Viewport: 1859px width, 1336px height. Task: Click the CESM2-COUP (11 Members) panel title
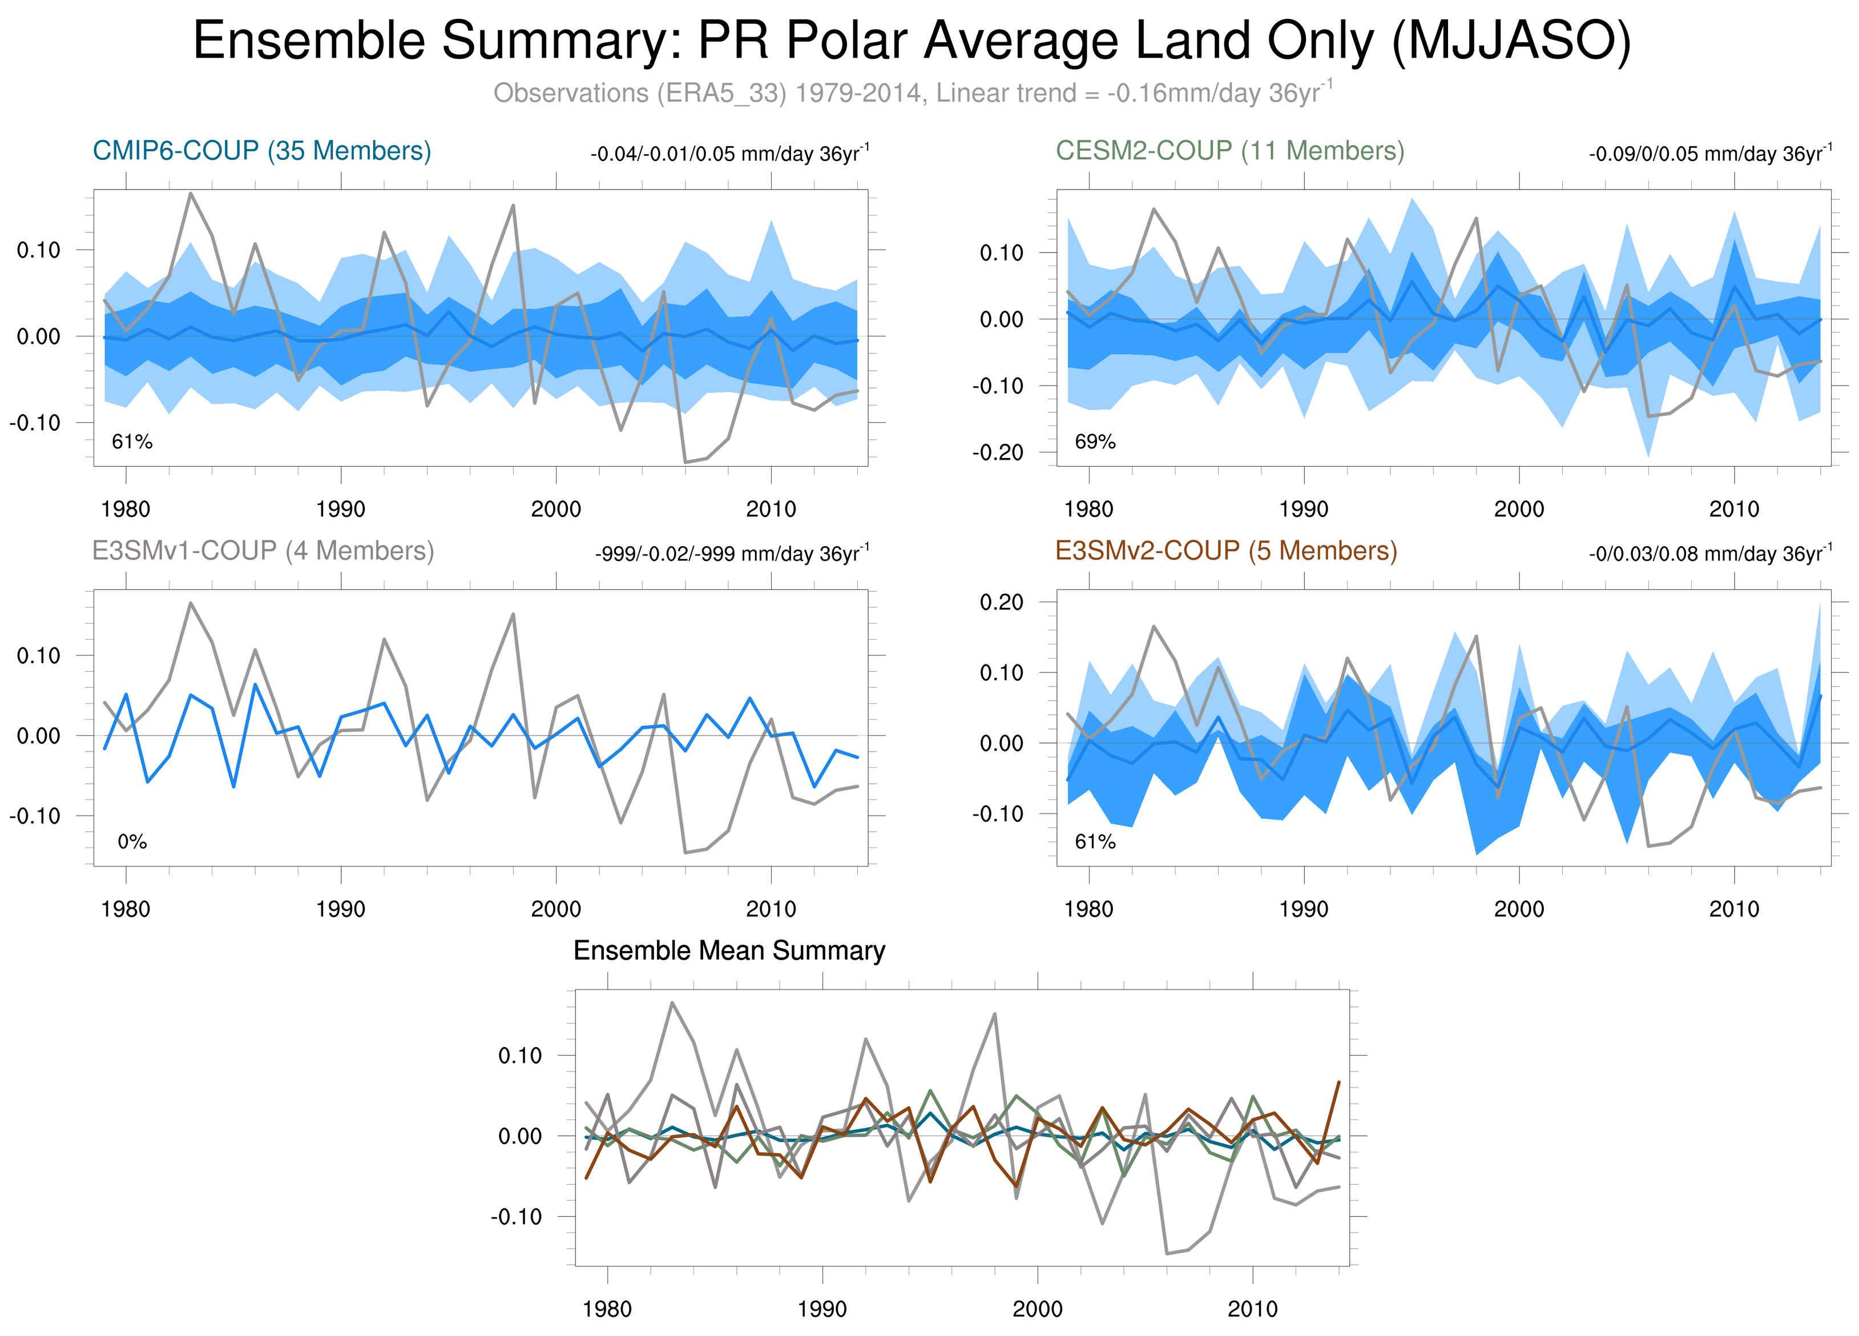coord(1229,151)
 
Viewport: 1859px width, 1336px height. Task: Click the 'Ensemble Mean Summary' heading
coord(729,950)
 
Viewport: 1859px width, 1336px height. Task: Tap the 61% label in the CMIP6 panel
coord(132,442)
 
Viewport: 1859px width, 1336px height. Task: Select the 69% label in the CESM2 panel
coord(1095,442)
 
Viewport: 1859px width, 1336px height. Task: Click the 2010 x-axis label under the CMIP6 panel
coord(771,509)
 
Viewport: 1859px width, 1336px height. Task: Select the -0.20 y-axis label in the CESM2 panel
coord(998,453)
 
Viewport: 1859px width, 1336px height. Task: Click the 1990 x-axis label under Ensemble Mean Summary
coord(821,1309)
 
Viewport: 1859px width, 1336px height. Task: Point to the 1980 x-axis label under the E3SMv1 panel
coord(126,909)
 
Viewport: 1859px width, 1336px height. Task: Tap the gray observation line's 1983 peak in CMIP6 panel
coord(191,194)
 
